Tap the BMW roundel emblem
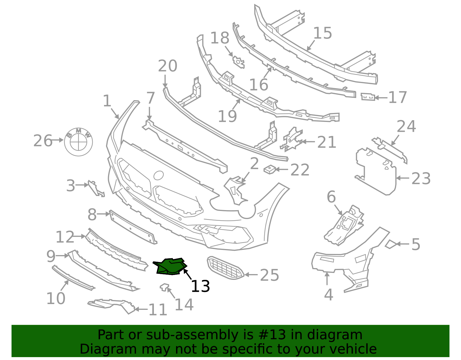(x=78, y=142)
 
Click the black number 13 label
(x=201, y=286)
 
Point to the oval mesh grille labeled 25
(x=226, y=268)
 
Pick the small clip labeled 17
(x=368, y=97)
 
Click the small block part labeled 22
(x=270, y=169)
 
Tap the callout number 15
(x=323, y=33)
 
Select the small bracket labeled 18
(x=239, y=62)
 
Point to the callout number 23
(x=421, y=178)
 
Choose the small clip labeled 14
(x=165, y=287)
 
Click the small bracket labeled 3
(x=96, y=189)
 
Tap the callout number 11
(x=158, y=310)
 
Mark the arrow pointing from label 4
(x=327, y=278)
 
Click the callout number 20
(x=168, y=66)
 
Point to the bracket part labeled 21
(x=291, y=140)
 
